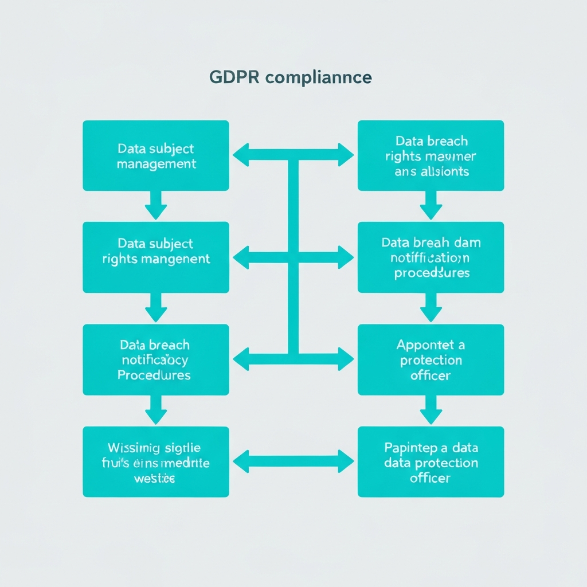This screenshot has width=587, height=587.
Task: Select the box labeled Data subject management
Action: [x=156, y=155]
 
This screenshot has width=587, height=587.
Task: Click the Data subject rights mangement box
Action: [x=156, y=257]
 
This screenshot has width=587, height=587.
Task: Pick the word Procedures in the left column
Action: [x=154, y=375]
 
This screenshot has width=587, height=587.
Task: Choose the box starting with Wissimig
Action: [x=156, y=461]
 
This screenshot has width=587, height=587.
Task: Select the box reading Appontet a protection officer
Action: [x=431, y=359]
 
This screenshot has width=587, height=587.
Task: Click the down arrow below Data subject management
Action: [x=156, y=205]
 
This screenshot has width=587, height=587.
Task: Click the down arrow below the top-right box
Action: [x=431, y=205]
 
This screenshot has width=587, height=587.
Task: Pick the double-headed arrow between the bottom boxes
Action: [x=293, y=461]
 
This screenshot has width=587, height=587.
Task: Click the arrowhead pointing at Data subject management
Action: [x=241, y=155]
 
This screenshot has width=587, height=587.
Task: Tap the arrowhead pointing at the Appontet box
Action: [x=346, y=359]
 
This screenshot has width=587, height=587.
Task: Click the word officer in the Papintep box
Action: [x=431, y=478]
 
